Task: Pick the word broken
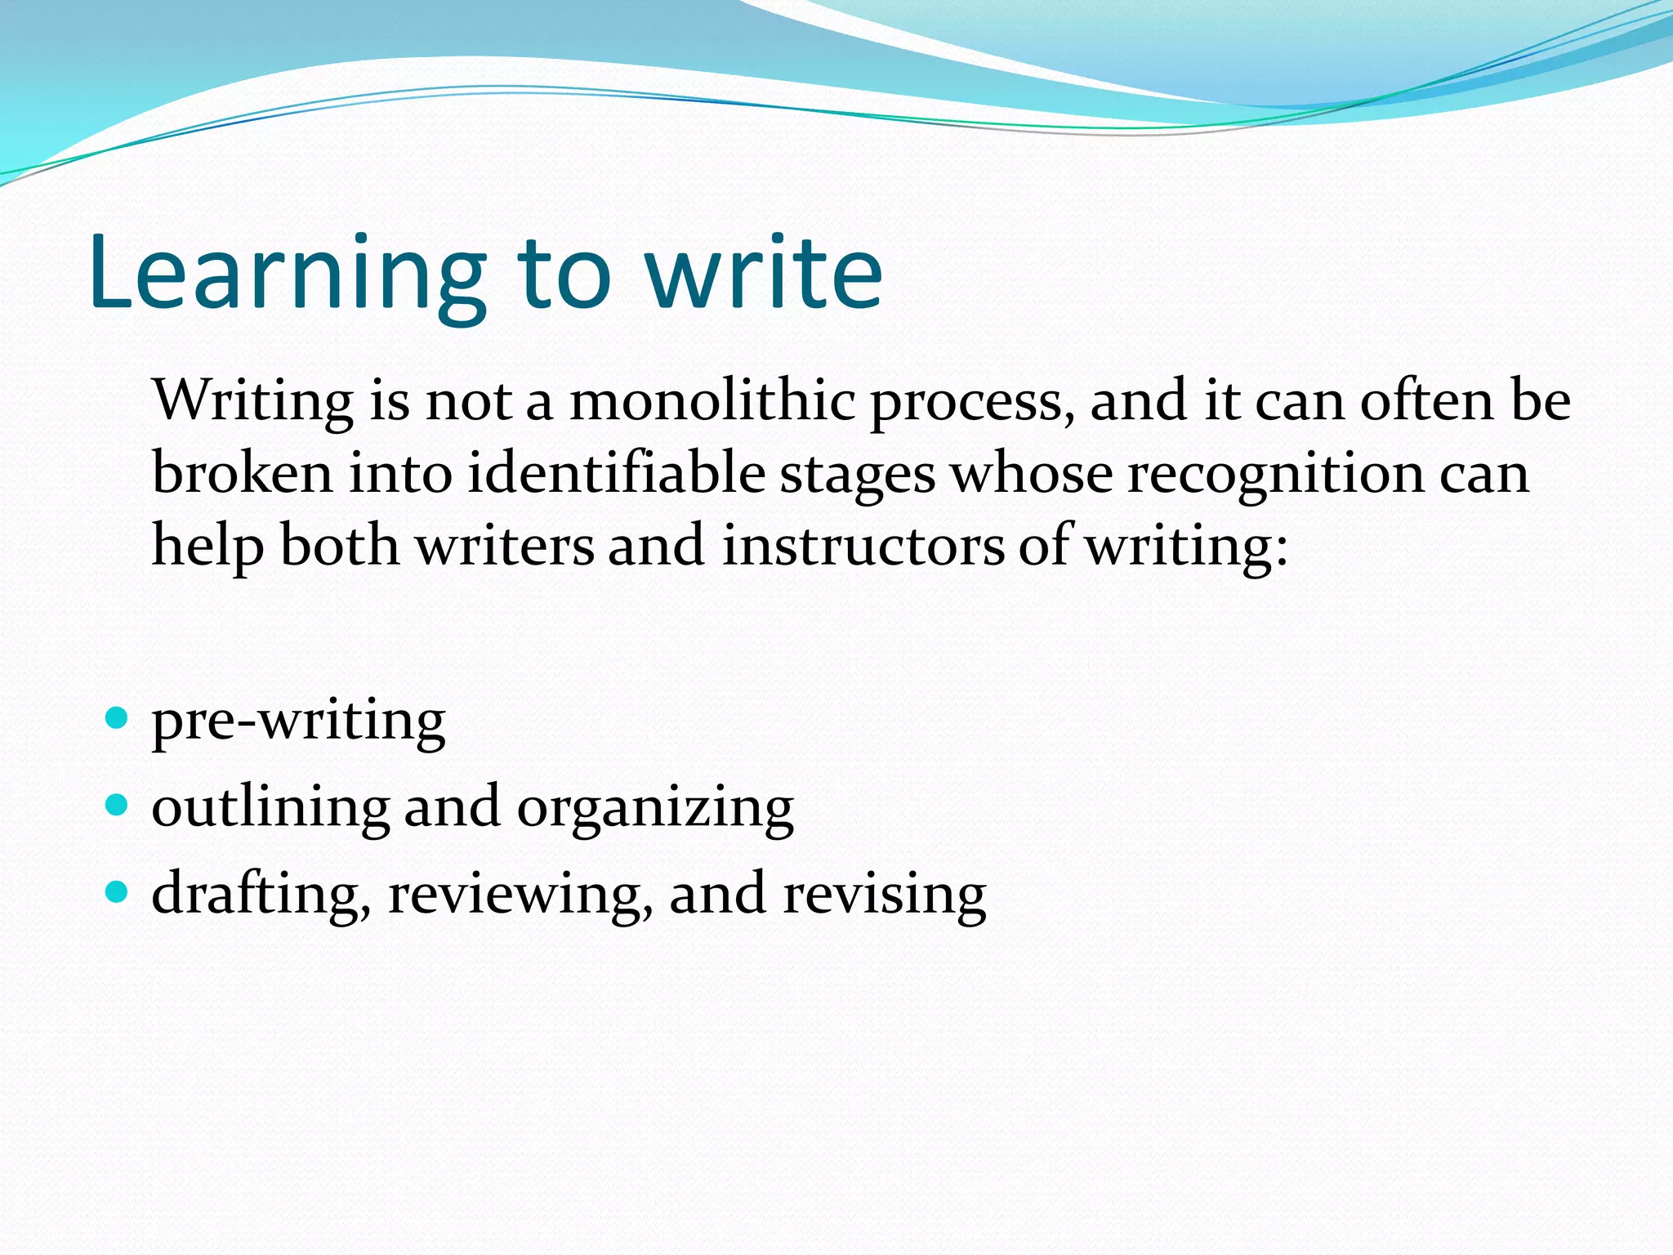(242, 473)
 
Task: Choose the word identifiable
(618, 473)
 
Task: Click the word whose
(1031, 473)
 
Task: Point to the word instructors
(863, 545)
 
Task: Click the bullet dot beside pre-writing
(118, 718)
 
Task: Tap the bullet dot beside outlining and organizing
(118, 806)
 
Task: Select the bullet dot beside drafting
(118, 891)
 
